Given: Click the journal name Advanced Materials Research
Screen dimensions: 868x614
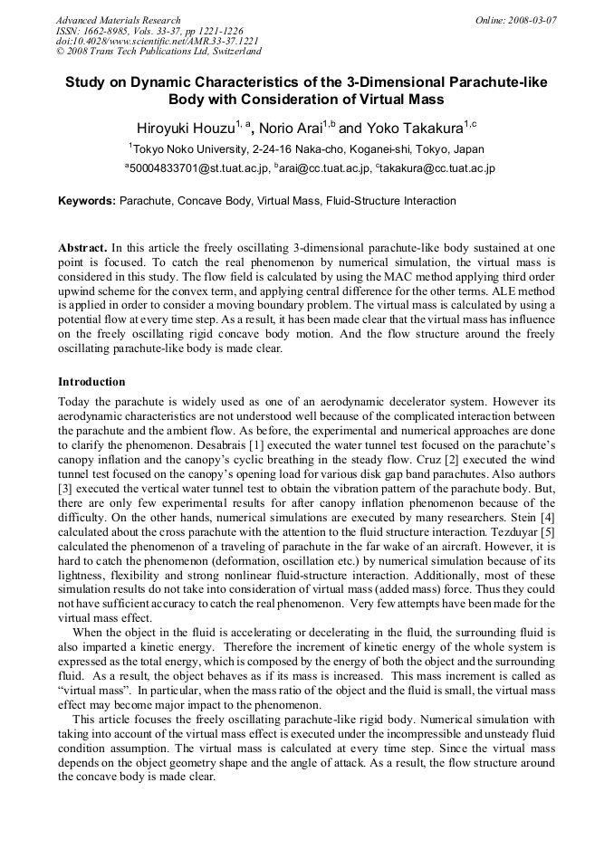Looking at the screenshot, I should pos(118,20).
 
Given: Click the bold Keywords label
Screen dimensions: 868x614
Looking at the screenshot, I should pos(87,200).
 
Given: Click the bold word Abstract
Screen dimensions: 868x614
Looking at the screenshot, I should pos(82,247).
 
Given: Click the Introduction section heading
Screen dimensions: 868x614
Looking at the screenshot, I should pos(91,381).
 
